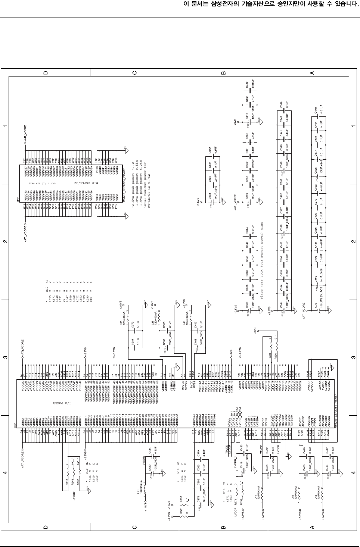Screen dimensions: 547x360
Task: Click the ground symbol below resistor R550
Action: point(87,493)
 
